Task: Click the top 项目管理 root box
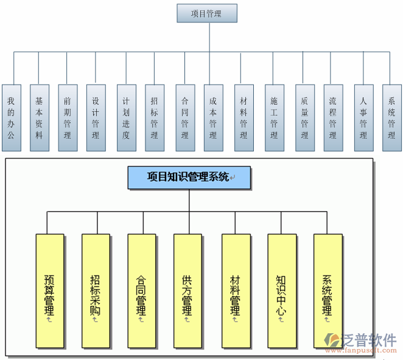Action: click(206, 13)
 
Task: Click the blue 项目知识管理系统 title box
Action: click(189, 177)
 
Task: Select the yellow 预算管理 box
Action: click(50, 291)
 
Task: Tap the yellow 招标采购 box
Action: click(96, 291)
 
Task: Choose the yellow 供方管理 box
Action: click(187, 291)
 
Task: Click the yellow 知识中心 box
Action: click(281, 291)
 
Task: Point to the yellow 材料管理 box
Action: click(236, 291)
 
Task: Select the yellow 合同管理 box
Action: click(141, 291)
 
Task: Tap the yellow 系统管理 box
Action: click(328, 291)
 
